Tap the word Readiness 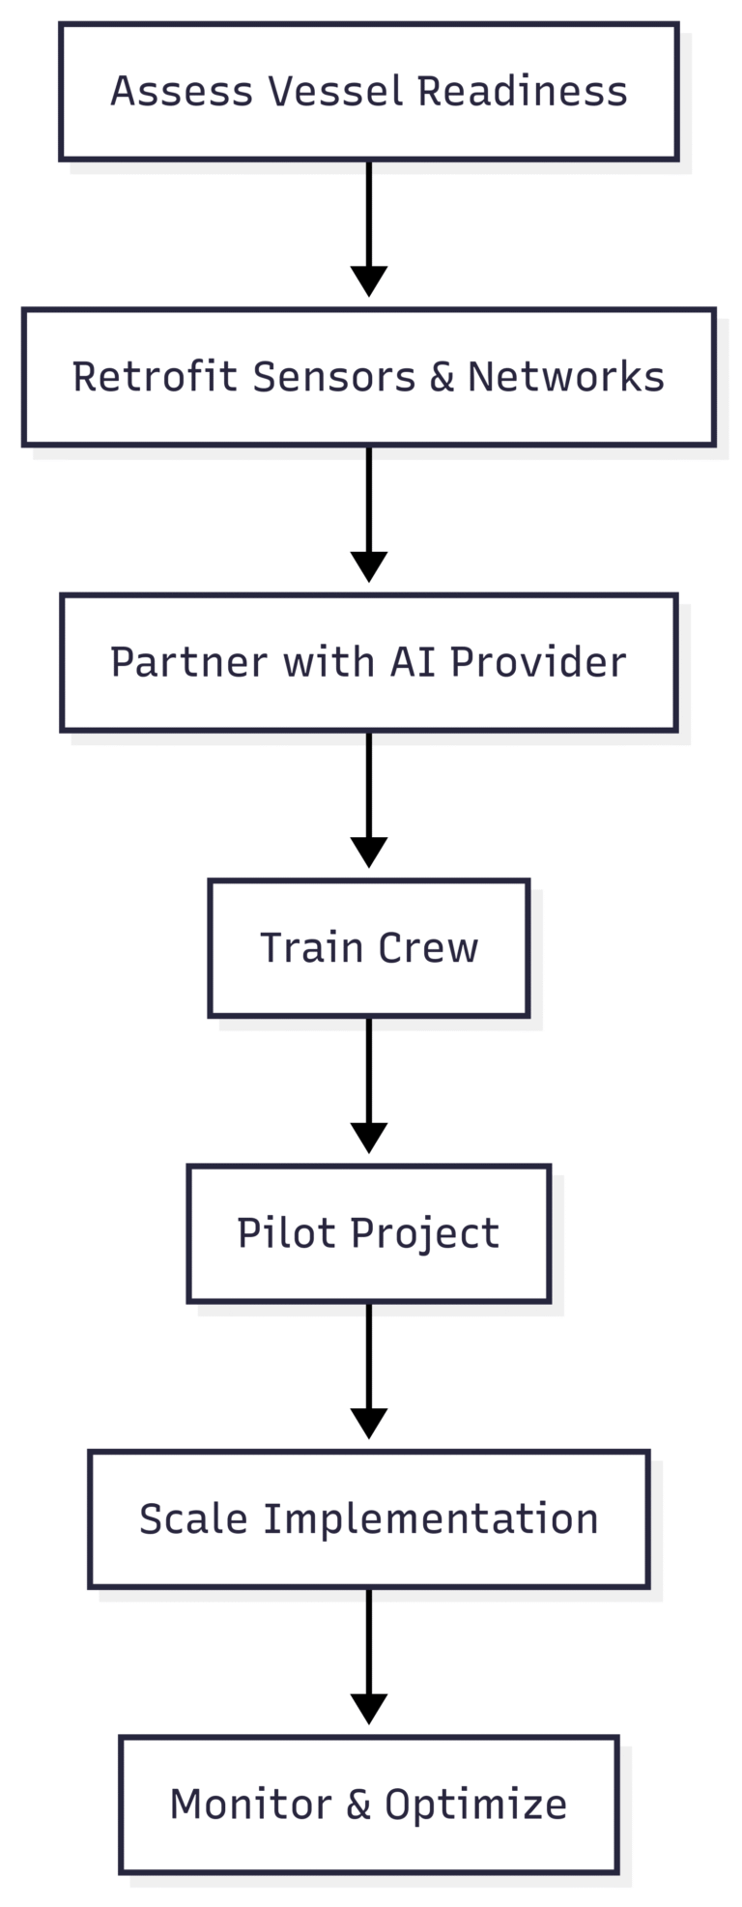(522, 92)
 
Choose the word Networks (565, 377)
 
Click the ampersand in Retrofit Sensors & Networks (442, 377)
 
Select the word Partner (188, 663)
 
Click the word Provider (538, 663)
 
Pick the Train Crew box (368, 948)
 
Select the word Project (424, 1234)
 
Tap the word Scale (194, 1518)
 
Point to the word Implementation (431, 1519)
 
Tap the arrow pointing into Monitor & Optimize (368, 1657)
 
